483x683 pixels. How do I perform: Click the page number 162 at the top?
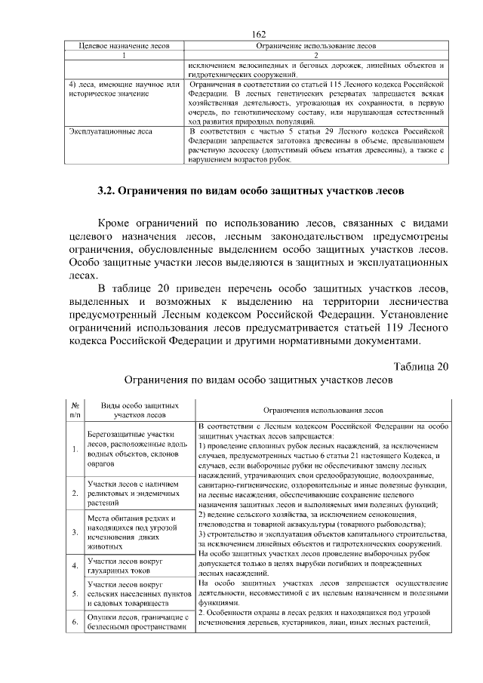[x=260, y=35]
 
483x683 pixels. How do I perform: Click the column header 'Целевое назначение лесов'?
[x=124, y=46]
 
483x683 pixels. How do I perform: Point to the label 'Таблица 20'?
[x=420, y=366]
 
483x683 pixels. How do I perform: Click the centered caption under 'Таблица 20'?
[x=259, y=381]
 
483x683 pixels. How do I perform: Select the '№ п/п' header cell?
[x=75, y=409]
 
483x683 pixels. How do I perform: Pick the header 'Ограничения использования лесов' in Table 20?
[x=323, y=410]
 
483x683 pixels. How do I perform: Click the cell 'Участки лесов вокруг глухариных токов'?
[x=125, y=567]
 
